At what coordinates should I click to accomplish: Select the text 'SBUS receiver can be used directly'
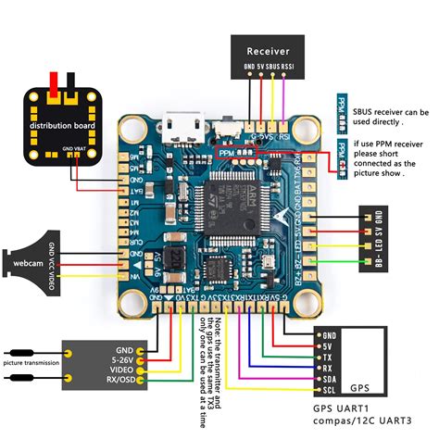[x=389, y=115]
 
